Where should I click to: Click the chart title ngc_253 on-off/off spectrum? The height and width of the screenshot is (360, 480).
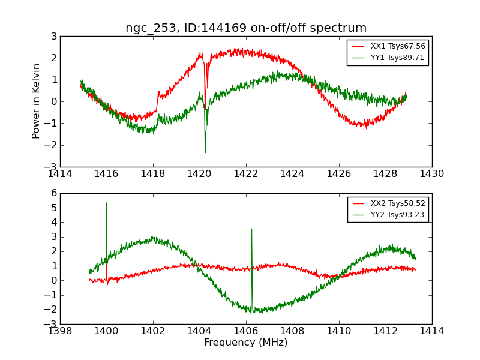(x=245, y=28)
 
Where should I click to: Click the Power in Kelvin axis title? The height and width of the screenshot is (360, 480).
(x=37, y=101)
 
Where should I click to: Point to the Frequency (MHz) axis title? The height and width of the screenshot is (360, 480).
(x=245, y=343)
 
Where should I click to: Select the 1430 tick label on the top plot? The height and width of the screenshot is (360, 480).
(x=431, y=173)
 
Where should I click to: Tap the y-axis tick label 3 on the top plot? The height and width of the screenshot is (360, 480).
(x=53, y=37)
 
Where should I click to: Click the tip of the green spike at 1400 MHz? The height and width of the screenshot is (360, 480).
(x=107, y=203)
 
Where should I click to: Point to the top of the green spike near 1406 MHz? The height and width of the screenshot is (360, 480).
(x=251, y=229)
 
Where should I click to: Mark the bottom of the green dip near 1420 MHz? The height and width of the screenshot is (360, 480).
(x=205, y=152)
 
